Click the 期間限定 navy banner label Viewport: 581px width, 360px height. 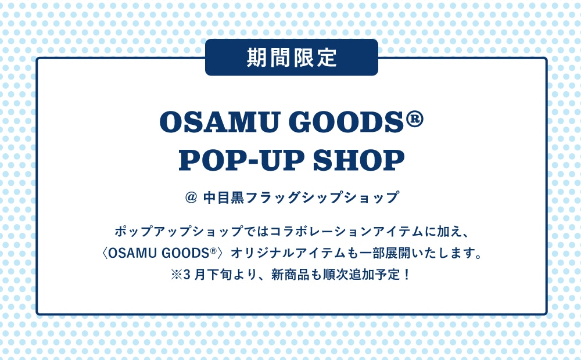[292, 57]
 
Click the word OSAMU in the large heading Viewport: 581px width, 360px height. [218, 122]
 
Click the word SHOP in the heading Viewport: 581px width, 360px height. [358, 160]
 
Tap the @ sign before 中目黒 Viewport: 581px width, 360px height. [191, 197]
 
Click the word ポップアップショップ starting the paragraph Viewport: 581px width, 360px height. [178, 232]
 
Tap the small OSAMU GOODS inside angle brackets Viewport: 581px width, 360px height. [159, 253]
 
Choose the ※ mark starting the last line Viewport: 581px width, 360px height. [177, 275]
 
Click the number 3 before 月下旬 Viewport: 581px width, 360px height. [187, 275]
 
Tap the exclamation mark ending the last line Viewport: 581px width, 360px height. [407, 275]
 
